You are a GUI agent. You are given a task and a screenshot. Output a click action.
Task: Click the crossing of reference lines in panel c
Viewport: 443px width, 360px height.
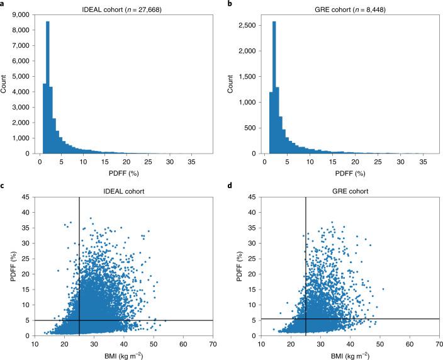[x=79, y=320]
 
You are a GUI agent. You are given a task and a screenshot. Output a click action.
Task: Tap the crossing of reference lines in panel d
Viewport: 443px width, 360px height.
[x=305, y=319]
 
